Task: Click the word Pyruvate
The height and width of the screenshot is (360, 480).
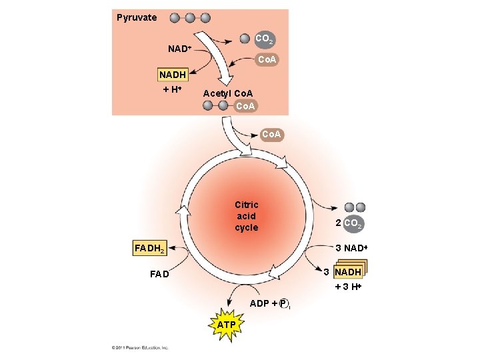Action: tap(137, 17)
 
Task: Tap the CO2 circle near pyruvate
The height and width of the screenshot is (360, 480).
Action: tap(264, 40)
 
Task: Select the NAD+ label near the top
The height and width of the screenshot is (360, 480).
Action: tap(180, 49)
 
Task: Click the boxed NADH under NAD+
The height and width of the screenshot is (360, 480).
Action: tap(172, 74)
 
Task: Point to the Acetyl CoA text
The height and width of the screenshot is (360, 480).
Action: tap(228, 94)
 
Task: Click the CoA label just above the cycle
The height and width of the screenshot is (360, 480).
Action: tap(272, 135)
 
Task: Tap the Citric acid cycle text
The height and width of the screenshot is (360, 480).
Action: tap(246, 216)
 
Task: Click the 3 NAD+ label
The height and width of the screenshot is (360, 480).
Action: tap(351, 249)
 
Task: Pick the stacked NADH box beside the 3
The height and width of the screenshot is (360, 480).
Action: tap(348, 272)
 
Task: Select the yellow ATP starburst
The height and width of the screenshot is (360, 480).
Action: tap(227, 325)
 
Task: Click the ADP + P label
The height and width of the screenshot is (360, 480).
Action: tap(269, 304)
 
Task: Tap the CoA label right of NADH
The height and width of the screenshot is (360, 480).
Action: tap(268, 60)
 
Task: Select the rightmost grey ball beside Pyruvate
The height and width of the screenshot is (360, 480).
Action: tap(205, 18)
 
